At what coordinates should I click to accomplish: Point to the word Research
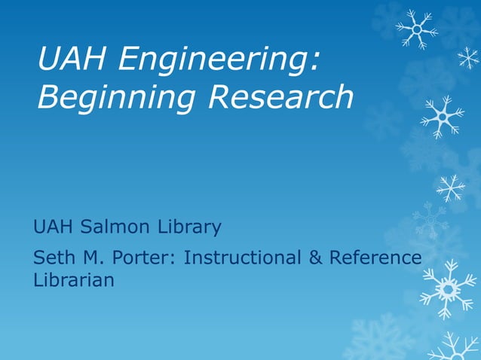(280, 96)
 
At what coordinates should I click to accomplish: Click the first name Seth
(53, 258)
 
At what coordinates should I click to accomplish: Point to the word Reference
(375, 258)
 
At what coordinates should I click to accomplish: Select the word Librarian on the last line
(74, 280)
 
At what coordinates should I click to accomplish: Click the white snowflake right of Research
(442, 117)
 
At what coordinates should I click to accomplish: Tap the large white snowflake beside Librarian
(448, 288)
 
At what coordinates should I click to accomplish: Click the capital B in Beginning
(47, 96)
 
